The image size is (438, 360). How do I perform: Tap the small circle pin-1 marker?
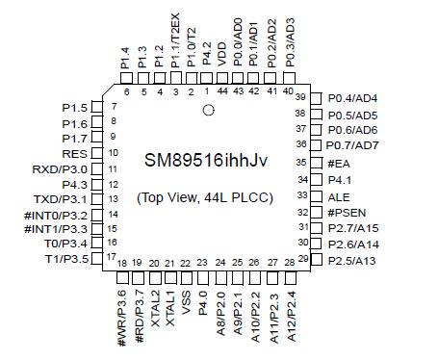(x=206, y=111)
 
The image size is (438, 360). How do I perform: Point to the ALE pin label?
(x=338, y=195)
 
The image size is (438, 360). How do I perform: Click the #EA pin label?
(x=339, y=163)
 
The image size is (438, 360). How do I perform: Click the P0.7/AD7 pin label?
(x=352, y=144)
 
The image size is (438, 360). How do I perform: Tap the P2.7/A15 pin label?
(x=352, y=227)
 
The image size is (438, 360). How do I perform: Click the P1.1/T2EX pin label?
(x=175, y=48)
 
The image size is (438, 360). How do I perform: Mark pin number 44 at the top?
(x=223, y=91)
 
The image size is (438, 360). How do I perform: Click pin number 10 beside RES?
(x=114, y=152)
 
